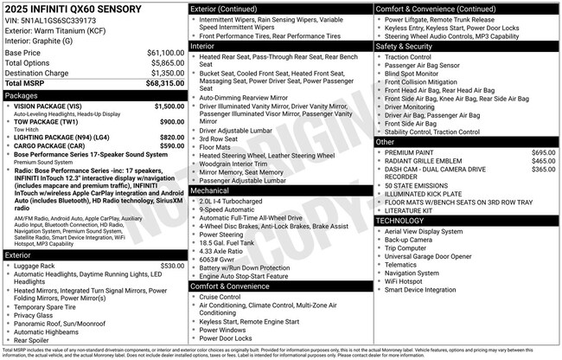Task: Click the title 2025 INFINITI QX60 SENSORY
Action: coord(62,10)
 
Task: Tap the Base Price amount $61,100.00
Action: coord(165,53)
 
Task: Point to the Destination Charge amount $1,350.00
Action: coord(165,73)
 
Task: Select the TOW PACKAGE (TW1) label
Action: coord(48,121)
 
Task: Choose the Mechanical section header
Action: coord(210,190)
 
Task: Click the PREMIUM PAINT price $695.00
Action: coord(543,152)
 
